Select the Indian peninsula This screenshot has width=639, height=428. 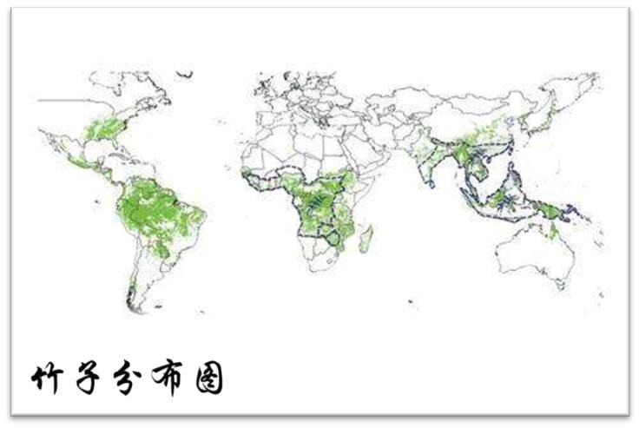tap(431, 170)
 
